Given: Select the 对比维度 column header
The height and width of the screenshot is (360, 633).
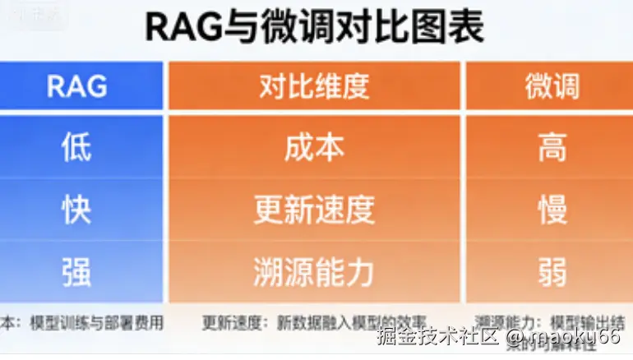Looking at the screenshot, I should coord(314,85).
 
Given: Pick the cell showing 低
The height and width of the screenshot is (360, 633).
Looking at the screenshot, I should coord(76,148).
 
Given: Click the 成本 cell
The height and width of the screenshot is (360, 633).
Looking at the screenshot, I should coord(314,148).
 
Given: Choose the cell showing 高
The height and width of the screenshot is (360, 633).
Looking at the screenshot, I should coord(552,148).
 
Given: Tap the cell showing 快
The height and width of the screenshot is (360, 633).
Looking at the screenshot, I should coord(76,210).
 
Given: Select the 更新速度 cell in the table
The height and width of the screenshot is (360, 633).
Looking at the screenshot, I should coord(314,210).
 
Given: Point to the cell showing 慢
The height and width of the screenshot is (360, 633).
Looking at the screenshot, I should coord(552,210).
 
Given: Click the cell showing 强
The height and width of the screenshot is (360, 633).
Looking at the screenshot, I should coord(76,272).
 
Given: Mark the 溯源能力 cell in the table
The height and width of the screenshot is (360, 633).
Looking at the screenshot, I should coord(314,272).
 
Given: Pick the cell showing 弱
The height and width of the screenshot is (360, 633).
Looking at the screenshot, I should coord(552,272).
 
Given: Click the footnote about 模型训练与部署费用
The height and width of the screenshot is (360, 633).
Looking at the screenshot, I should coord(82,322).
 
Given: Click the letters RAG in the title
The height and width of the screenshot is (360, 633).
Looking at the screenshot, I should coord(182,27).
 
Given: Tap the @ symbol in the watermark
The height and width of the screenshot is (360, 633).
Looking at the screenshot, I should coord(515,337).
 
